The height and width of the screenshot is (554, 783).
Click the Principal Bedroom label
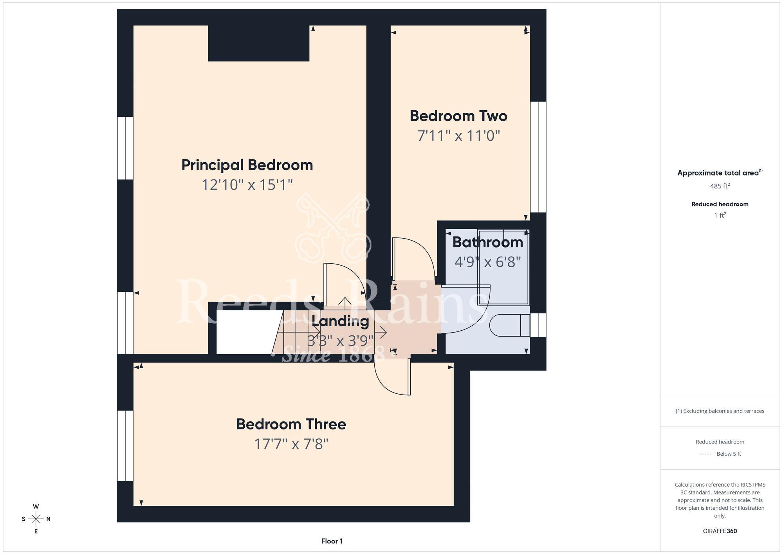pos(247,165)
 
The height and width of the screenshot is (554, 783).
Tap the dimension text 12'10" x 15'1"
pos(247,185)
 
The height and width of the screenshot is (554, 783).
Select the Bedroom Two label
pos(458,116)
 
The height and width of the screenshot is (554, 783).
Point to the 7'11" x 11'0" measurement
pos(458,136)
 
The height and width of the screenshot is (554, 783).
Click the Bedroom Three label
pos(291,424)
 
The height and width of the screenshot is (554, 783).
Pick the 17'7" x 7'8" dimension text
pos(291,444)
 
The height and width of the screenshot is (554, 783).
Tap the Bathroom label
pos(488,242)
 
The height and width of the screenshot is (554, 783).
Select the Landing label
pos(340,321)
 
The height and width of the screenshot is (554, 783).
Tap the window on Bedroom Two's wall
pos(538,157)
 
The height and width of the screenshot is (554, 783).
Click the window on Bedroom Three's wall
pos(125,445)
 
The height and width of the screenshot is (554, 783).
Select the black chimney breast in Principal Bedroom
pos(258,43)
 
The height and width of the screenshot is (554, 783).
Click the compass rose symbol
pos(36,519)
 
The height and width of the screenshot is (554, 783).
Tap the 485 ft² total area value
pos(720,186)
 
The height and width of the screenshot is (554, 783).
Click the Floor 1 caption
pos(332,541)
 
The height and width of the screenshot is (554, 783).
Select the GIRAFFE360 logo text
pos(720,531)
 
